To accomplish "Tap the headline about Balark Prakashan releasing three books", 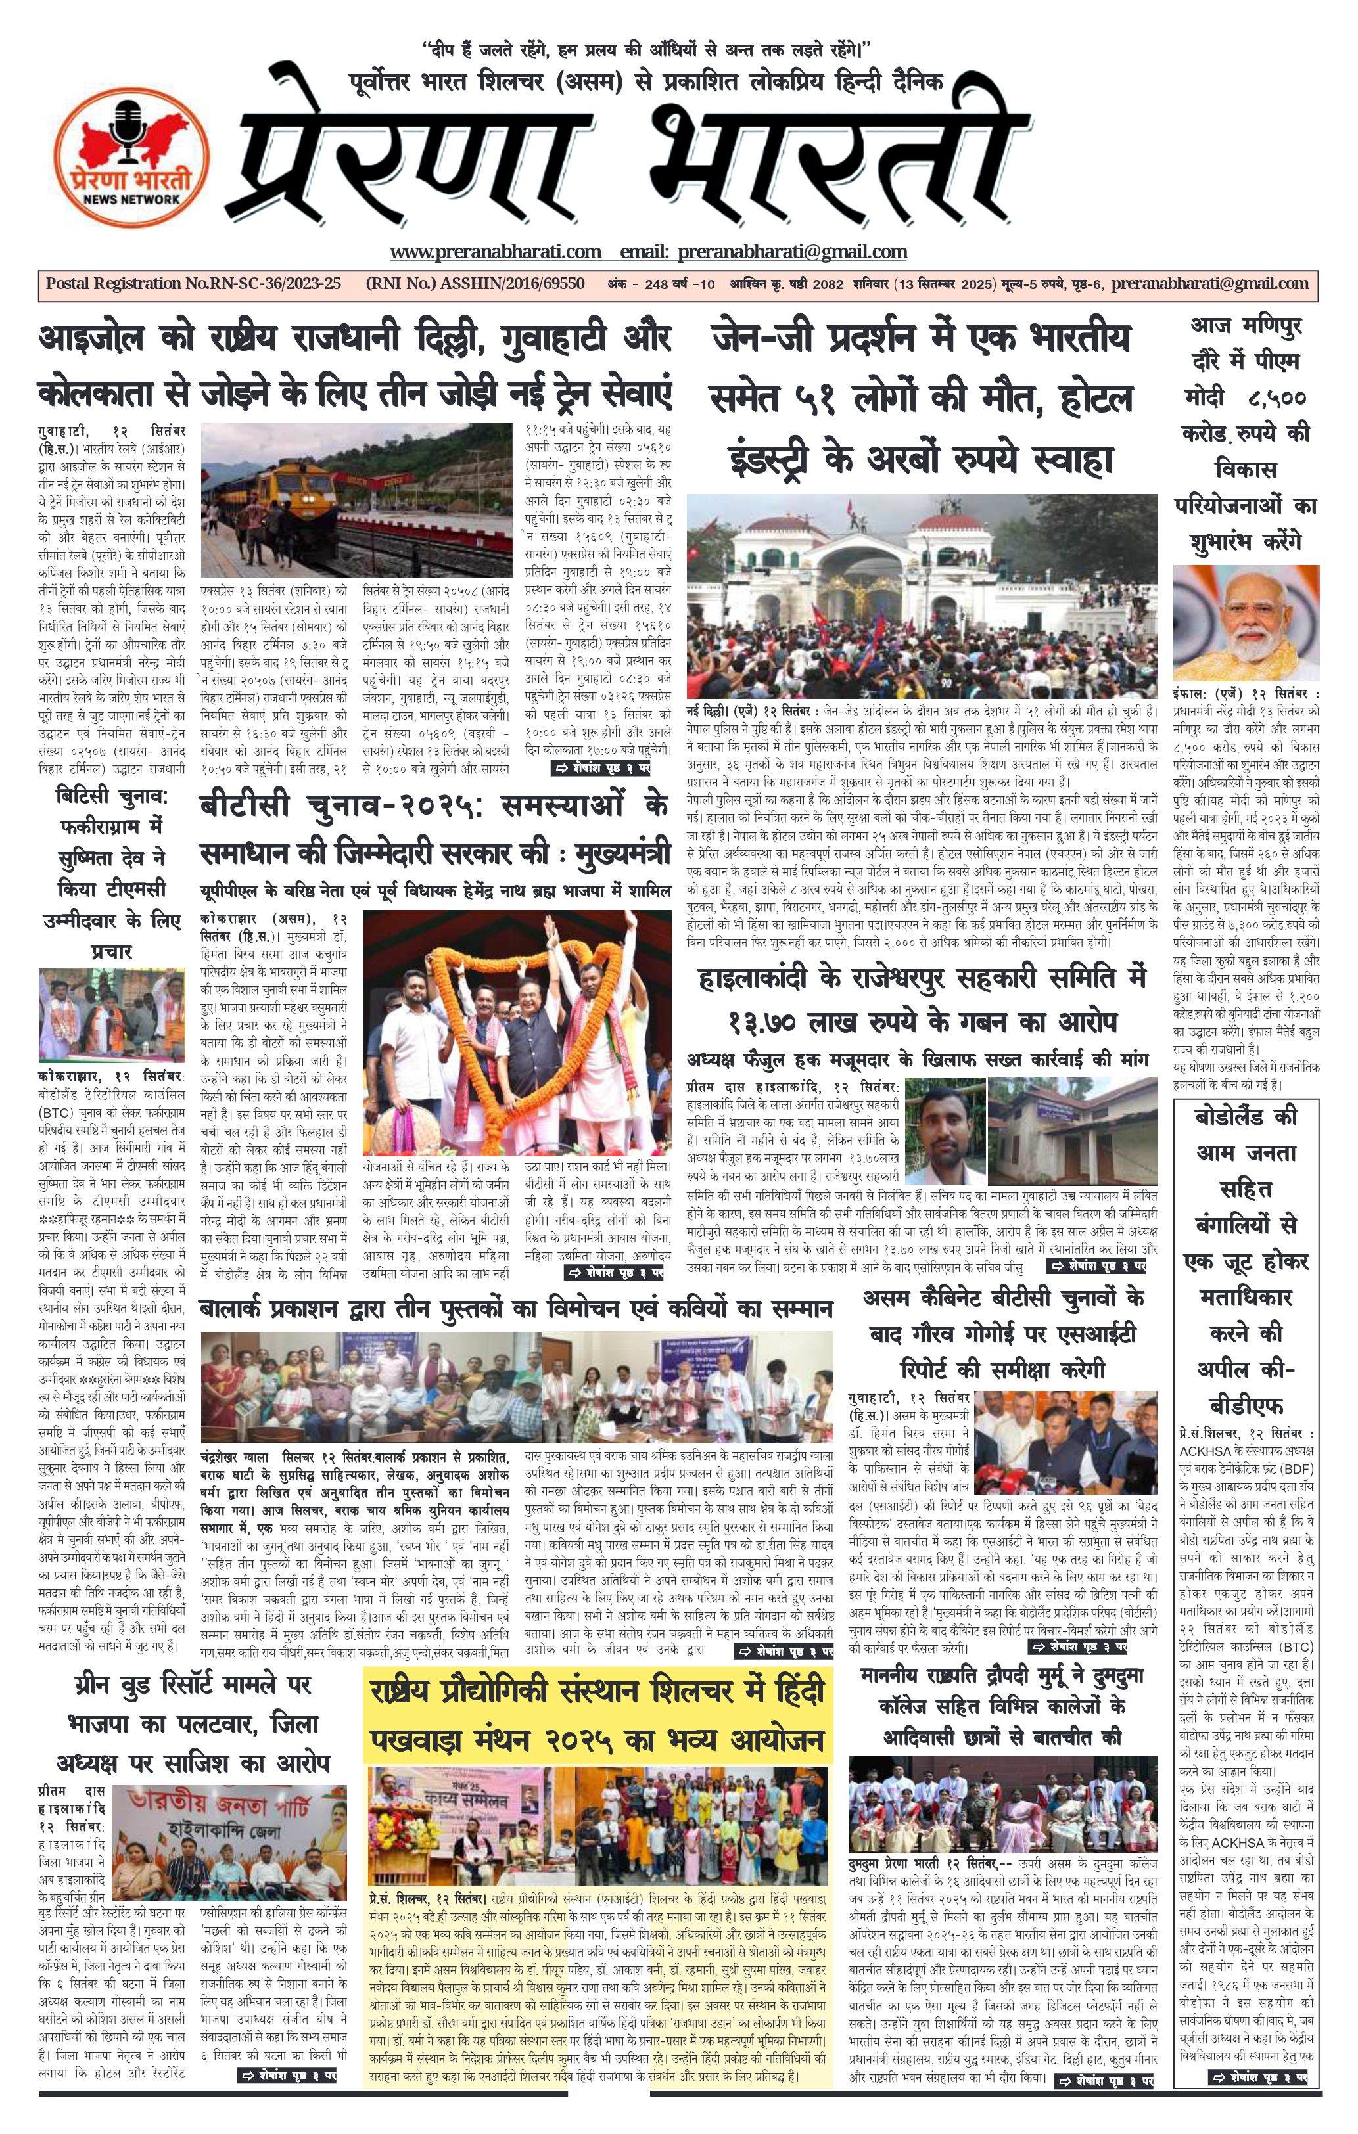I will (516, 1308).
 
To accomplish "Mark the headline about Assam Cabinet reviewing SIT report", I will (1001, 1333).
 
